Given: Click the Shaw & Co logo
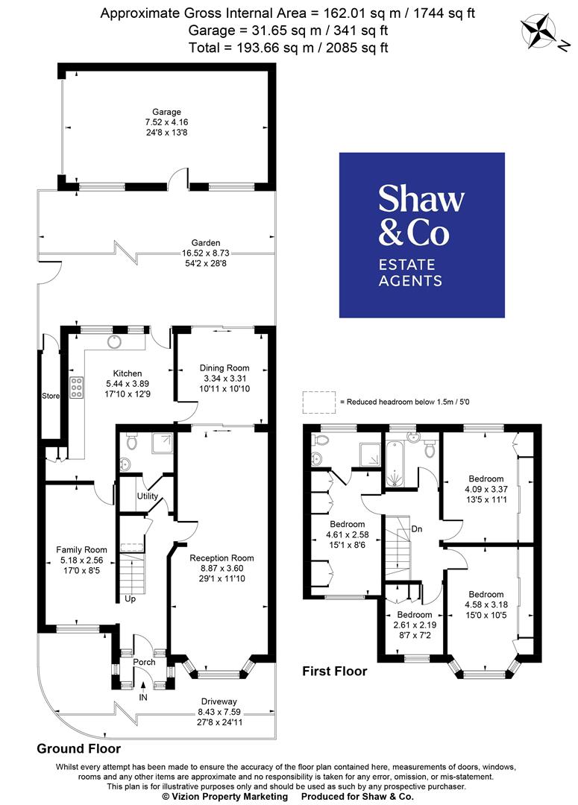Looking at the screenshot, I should [x=421, y=236].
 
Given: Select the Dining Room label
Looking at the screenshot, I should [x=224, y=367].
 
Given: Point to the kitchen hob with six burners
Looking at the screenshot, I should [x=75, y=388].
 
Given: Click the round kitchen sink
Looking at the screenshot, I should [x=114, y=341].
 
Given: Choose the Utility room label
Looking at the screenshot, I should [x=147, y=496].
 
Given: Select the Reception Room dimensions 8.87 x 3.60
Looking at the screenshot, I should [x=222, y=569].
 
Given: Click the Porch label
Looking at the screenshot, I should [x=144, y=661].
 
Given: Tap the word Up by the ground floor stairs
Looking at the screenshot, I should [x=131, y=599].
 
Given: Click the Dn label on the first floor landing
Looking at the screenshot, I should [x=417, y=528].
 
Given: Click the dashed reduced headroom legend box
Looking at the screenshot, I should [x=318, y=402].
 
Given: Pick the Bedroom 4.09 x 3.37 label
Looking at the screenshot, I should [x=486, y=479].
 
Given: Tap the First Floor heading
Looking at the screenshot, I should [x=334, y=671].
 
